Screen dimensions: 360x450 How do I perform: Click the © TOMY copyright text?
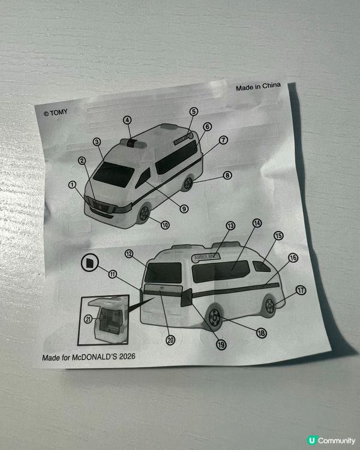click(x=56, y=113)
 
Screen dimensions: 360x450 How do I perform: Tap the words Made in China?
click(x=259, y=86)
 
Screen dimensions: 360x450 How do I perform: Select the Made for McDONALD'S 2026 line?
click(x=89, y=357)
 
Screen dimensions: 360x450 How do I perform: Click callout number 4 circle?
click(x=127, y=120)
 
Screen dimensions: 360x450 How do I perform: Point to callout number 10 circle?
click(x=165, y=225)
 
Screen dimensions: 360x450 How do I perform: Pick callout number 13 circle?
click(x=230, y=226)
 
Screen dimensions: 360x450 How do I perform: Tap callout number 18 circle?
click(x=261, y=333)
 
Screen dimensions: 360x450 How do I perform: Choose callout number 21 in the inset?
click(x=88, y=319)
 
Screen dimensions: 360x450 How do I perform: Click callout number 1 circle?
click(x=73, y=185)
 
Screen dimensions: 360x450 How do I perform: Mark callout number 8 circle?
click(x=227, y=175)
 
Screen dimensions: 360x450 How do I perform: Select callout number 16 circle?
click(x=293, y=258)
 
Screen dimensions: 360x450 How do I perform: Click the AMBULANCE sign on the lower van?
click(x=206, y=257)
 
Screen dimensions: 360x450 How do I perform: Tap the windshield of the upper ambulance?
click(x=113, y=175)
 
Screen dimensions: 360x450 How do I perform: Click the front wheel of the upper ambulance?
click(x=143, y=214)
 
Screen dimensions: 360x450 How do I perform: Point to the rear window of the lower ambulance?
click(x=163, y=272)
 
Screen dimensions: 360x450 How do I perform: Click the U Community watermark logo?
click(x=331, y=440)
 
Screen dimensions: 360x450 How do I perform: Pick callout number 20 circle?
click(x=170, y=340)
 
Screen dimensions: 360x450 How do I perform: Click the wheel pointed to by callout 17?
click(x=270, y=306)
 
